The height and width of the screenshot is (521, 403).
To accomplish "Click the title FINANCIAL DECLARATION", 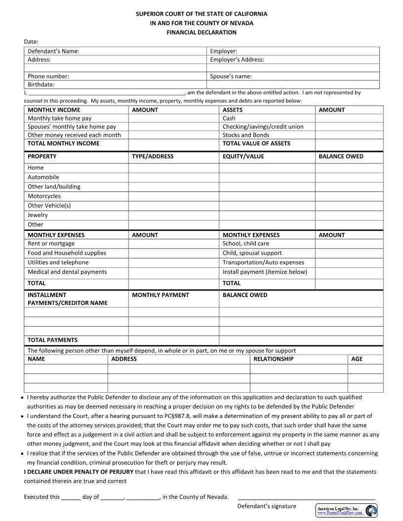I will [x=201, y=33].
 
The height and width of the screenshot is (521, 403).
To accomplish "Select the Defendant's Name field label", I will [x=53, y=51].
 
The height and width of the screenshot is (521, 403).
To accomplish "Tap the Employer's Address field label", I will [x=237, y=60].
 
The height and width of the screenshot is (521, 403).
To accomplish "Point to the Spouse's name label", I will [x=231, y=76].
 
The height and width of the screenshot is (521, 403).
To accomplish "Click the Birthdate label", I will [x=41, y=85].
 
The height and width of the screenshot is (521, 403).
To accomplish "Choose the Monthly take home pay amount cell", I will [x=173, y=118].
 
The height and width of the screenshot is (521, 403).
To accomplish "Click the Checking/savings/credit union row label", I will [x=263, y=127].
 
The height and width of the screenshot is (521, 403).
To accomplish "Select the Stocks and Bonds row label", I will [x=246, y=135].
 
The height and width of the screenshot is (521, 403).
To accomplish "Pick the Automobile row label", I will [x=43, y=177].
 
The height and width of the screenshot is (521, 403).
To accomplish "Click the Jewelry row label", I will [x=38, y=215].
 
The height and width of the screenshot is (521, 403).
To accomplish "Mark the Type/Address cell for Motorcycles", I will [x=173, y=196].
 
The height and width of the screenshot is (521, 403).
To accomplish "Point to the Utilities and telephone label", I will [x=58, y=262].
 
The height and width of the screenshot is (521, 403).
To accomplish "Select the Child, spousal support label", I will [x=252, y=253].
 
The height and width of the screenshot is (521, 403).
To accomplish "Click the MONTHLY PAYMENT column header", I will [x=160, y=295].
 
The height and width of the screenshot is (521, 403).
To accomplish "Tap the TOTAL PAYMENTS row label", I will [x=52, y=340].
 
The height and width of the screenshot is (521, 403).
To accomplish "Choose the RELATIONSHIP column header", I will [x=273, y=359].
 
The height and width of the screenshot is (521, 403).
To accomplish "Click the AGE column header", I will [x=357, y=359].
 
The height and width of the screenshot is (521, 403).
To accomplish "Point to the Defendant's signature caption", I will [x=267, y=506].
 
